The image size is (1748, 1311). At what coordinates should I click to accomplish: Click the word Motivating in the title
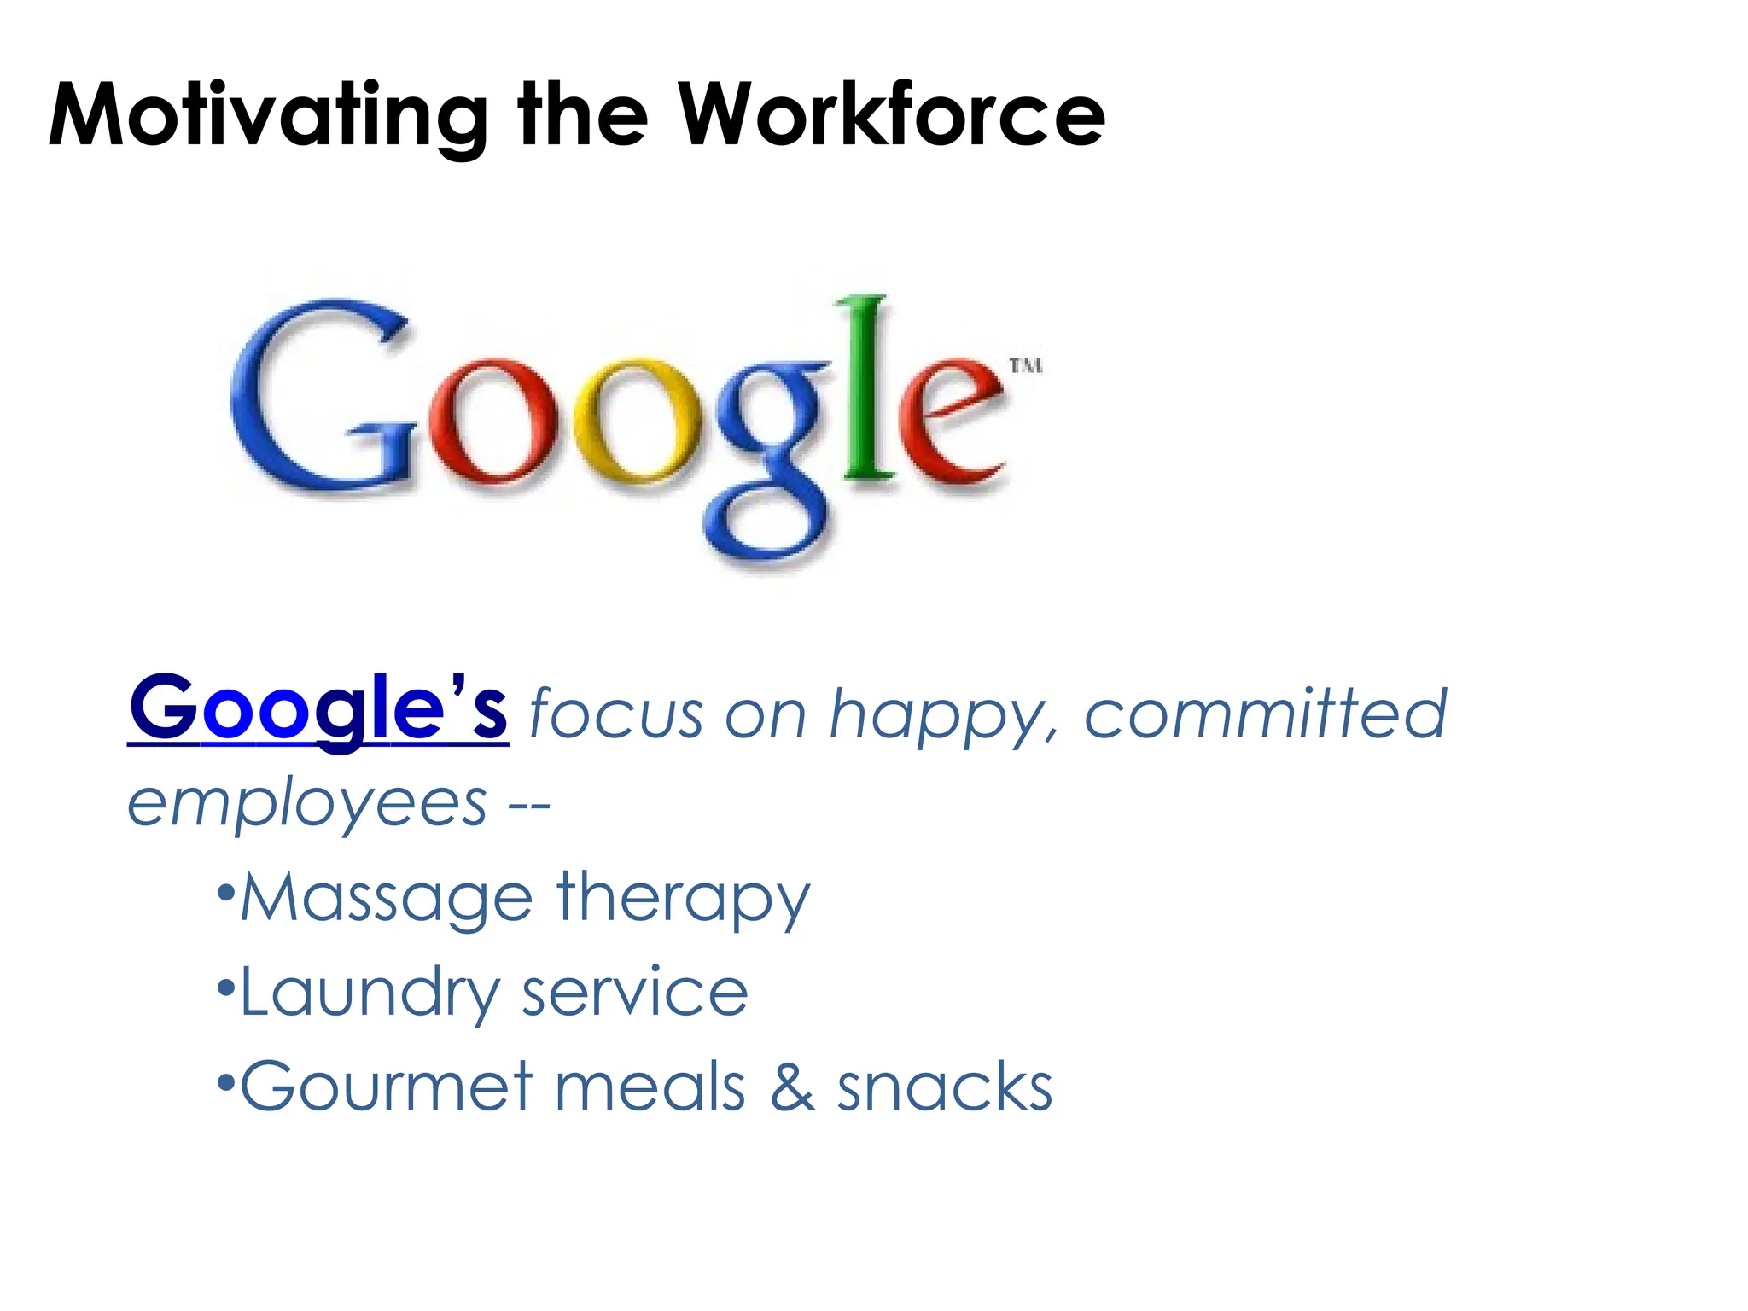(x=267, y=115)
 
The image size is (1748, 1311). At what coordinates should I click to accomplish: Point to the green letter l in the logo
(x=868, y=388)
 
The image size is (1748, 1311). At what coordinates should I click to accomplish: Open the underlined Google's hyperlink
(x=318, y=708)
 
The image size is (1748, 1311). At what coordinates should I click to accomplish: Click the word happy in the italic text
(x=943, y=715)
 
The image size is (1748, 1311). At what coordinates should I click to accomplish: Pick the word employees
(x=307, y=804)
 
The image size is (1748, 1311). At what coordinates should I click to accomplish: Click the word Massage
(x=387, y=898)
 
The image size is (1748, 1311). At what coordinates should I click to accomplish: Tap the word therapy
(x=683, y=898)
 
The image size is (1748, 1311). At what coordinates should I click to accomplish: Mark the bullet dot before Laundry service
(x=225, y=988)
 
